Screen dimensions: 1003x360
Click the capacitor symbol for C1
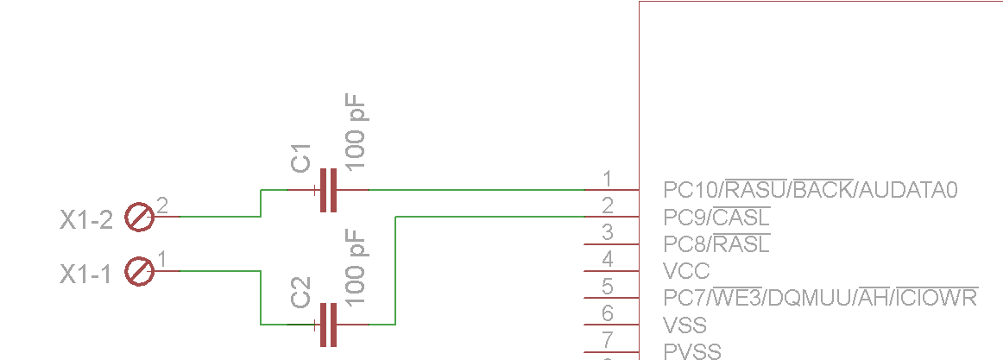(328, 190)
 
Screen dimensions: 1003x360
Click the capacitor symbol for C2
(328, 325)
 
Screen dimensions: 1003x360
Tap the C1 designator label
(300, 158)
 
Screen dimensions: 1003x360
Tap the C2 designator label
(300, 292)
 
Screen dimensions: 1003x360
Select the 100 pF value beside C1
(355, 132)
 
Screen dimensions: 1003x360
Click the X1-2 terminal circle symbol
(140, 217)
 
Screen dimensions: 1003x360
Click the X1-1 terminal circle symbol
(140, 271)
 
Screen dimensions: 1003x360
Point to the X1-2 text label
(86, 221)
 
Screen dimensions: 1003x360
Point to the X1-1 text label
(85, 275)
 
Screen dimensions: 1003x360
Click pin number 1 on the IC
(609, 179)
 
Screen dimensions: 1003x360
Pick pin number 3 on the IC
(609, 233)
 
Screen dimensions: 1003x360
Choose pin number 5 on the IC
(609, 287)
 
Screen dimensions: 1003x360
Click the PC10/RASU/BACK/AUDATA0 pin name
(811, 189)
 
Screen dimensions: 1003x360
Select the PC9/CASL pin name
(717, 218)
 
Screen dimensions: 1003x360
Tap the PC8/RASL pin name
(717, 244)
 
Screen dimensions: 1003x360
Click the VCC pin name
(687, 271)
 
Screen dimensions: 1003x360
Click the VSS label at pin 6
(685, 325)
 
